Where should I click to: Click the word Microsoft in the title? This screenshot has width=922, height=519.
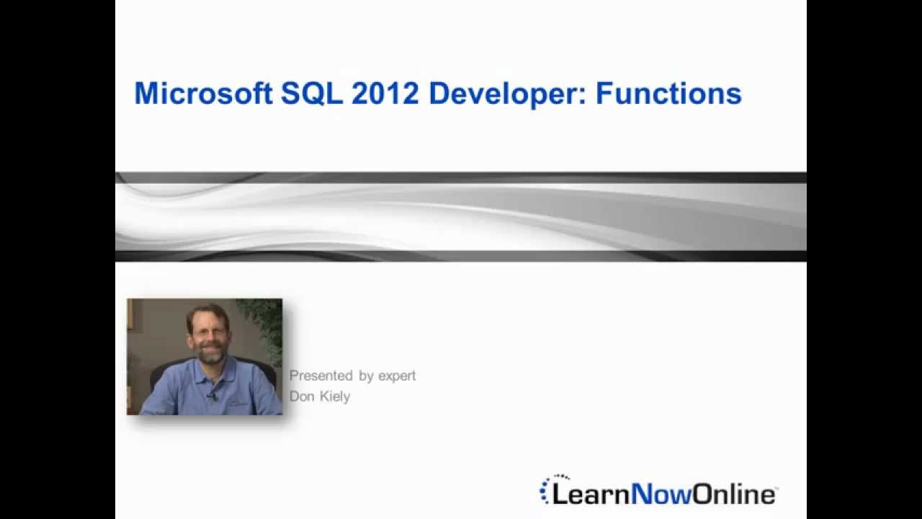pyautogui.click(x=202, y=94)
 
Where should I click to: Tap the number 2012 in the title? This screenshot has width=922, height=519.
pyautogui.click(x=385, y=94)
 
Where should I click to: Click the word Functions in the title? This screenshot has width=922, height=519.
pyautogui.click(x=668, y=94)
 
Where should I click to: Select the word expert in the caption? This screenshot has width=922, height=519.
pyautogui.click(x=397, y=376)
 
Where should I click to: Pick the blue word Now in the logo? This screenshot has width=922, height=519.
pyautogui.click(x=661, y=494)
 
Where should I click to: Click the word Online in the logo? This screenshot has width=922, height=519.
pyautogui.click(x=734, y=494)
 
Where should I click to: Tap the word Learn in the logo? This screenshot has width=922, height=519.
pyautogui.click(x=591, y=494)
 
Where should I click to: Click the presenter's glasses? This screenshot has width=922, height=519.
pyautogui.click(x=207, y=332)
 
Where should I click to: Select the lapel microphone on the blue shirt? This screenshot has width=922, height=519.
pyautogui.click(x=213, y=396)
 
